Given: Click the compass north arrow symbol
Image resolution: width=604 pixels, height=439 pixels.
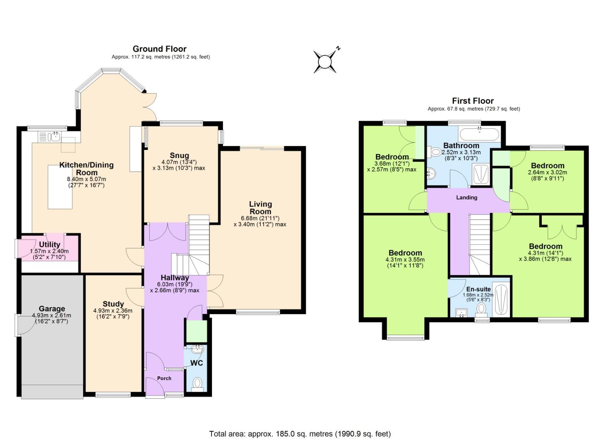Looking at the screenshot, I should click(325, 62).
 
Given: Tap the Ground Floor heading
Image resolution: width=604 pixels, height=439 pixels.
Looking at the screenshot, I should click(159, 49).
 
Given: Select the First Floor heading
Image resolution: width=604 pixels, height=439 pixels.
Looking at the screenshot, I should click(473, 101).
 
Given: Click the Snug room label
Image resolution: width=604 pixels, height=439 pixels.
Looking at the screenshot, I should click(179, 155).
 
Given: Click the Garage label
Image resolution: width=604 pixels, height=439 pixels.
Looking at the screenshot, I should click(52, 309).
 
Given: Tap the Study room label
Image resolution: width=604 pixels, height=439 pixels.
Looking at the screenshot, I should click(113, 304).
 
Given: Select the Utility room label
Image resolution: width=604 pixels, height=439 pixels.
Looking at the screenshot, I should click(50, 244).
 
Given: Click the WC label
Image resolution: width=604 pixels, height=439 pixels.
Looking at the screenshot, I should click(196, 363).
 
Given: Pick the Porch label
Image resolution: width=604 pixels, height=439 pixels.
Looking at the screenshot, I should click(164, 378).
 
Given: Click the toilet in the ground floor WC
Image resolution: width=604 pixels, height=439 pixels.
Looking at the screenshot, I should click(197, 383).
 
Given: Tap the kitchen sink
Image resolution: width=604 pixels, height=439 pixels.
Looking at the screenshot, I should click(53, 137).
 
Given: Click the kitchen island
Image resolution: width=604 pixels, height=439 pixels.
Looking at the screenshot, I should click(60, 187).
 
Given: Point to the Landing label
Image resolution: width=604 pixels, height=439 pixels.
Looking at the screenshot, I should click(467, 198).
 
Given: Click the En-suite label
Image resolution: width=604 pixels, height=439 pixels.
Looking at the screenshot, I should click(478, 289).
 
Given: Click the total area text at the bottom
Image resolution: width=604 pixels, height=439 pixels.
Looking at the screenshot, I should click(300, 434).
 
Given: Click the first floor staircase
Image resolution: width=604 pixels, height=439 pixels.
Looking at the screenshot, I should click(480, 244).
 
